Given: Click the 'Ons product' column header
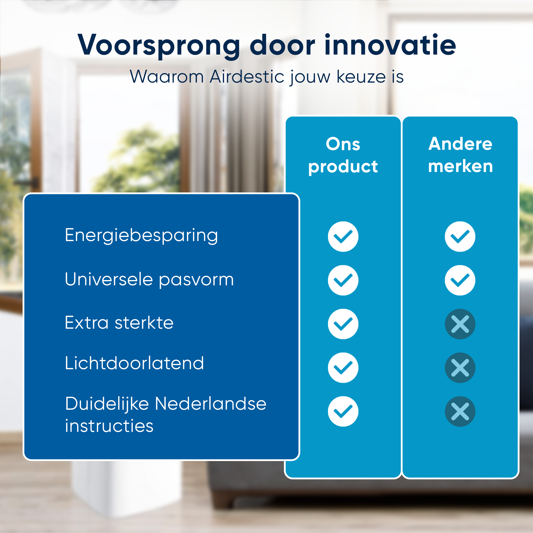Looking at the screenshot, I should pos(343,155).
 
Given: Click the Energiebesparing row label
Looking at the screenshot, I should pos(141,236).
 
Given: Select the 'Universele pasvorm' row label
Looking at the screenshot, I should pos(149,279).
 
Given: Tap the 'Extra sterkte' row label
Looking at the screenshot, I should pos(119,323).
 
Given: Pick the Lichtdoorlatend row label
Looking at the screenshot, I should pos(134,363).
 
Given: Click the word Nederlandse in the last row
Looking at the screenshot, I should pos(211,404).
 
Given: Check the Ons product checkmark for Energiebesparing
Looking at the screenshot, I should pos(343,236).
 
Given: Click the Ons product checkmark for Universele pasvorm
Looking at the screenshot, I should pos(343,280).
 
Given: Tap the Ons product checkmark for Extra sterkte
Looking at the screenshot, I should pos(343,324).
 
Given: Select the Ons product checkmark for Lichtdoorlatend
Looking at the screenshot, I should pos(343,368).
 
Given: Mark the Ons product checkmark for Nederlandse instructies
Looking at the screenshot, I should pos(343,411).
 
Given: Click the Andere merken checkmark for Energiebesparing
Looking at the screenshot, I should pos(460,236).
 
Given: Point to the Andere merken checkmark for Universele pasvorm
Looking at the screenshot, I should pos(460,280).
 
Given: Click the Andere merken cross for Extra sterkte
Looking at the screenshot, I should pos(460,324).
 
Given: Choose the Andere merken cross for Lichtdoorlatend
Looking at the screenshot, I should pos(460,368).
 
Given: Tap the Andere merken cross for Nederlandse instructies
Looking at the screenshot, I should pos(460,411).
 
